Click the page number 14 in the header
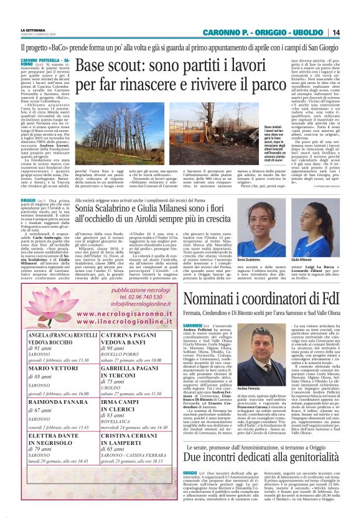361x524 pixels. (x=353, y=32)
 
